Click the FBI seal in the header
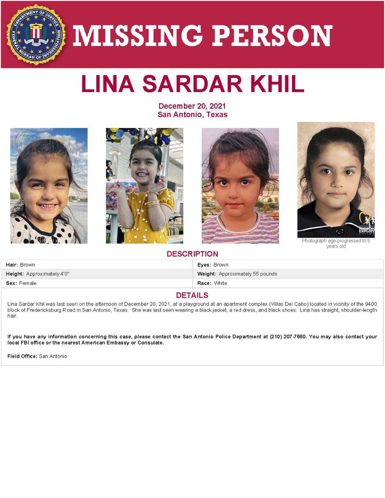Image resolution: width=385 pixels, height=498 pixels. pyautogui.click(x=36, y=34)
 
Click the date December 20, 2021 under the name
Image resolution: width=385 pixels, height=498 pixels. pyautogui.click(x=192, y=106)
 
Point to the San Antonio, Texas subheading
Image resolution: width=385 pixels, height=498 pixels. pyautogui.click(x=192, y=115)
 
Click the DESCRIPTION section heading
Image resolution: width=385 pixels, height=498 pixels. pyautogui.click(x=192, y=254)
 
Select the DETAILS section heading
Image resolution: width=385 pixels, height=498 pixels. pyautogui.click(x=192, y=295)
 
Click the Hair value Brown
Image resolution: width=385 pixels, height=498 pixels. pyautogui.click(x=27, y=265)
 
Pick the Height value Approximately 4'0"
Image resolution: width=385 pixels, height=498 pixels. pyautogui.click(x=47, y=274)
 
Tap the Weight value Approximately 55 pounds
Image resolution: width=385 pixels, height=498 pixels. pyautogui.click(x=248, y=274)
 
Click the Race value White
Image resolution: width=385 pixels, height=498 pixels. pyautogui.click(x=220, y=283)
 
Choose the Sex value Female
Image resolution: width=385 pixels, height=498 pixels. pyautogui.click(x=28, y=283)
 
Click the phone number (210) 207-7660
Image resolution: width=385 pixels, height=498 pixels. pyautogui.click(x=288, y=337)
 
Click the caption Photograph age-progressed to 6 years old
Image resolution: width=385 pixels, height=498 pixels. pyautogui.click(x=336, y=243)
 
